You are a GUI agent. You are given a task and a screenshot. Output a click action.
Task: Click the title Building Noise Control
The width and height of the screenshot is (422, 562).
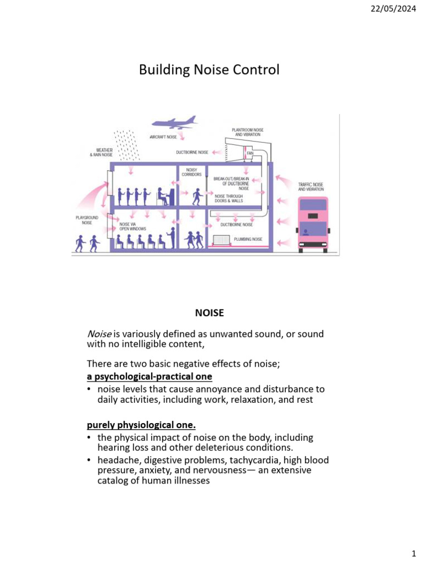(209, 70)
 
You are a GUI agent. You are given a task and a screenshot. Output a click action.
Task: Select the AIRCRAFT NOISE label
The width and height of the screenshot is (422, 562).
(163, 137)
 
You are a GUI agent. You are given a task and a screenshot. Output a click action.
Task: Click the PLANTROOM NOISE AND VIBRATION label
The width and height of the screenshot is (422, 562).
(247, 132)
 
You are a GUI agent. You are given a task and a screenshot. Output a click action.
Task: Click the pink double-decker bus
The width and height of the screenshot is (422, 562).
(312, 224)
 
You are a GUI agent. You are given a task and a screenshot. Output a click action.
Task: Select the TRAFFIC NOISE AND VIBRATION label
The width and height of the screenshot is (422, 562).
(311, 187)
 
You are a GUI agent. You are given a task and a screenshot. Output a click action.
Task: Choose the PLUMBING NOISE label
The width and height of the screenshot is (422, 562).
(248, 239)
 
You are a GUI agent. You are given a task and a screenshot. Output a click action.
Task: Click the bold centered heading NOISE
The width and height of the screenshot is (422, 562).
(209, 313)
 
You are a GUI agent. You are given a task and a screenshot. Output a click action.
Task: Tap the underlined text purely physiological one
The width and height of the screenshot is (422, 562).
(141, 425)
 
